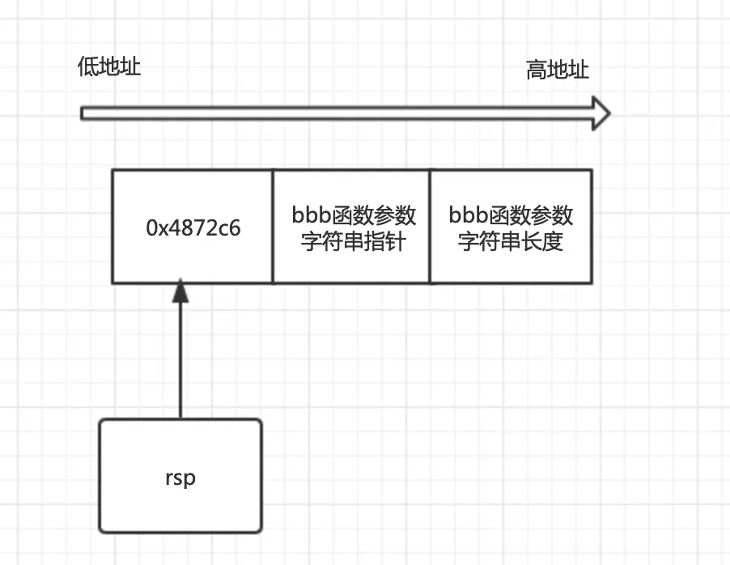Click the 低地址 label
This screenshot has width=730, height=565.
109,66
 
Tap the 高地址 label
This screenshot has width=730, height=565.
558,70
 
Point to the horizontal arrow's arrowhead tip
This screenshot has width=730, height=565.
608,113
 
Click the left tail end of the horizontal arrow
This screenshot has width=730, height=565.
83,113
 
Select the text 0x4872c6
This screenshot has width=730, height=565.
193,228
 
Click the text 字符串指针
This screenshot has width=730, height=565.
353,241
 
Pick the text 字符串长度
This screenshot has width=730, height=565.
510,241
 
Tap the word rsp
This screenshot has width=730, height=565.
180,478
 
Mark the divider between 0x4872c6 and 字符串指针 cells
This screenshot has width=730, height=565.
273,227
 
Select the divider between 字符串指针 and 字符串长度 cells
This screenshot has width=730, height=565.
430,227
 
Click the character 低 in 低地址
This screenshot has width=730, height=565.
88,66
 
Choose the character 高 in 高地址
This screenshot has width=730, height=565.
537,70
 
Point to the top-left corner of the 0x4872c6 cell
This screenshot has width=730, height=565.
112,170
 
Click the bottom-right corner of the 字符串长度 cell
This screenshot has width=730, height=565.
592,282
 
